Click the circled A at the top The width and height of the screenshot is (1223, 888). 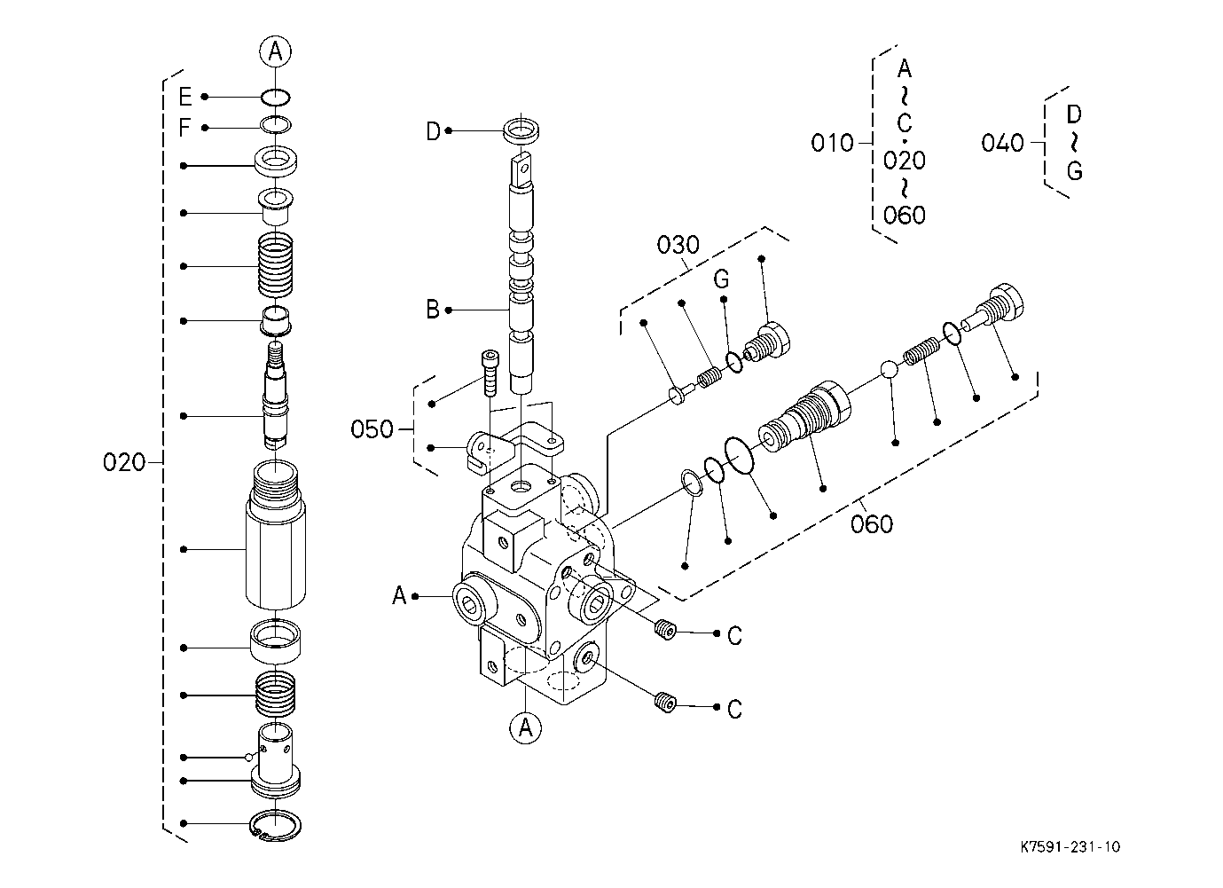[x=275, y=51]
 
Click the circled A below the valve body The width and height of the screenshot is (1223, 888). [x=525, y=727]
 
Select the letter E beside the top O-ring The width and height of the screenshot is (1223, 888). [x=185, y=97]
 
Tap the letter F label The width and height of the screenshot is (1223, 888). [x=184, y=128]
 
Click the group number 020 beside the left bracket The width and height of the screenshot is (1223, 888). [x=124, y=462]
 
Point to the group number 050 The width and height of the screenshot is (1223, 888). [x=372, y=429]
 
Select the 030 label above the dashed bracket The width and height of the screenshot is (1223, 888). [x=678, y=245]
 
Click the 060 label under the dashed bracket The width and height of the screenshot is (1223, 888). [x=872, y=524]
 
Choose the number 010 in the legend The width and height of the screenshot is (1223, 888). [x=832, y=143]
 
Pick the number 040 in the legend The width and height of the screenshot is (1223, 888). [x=1002, y=143]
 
